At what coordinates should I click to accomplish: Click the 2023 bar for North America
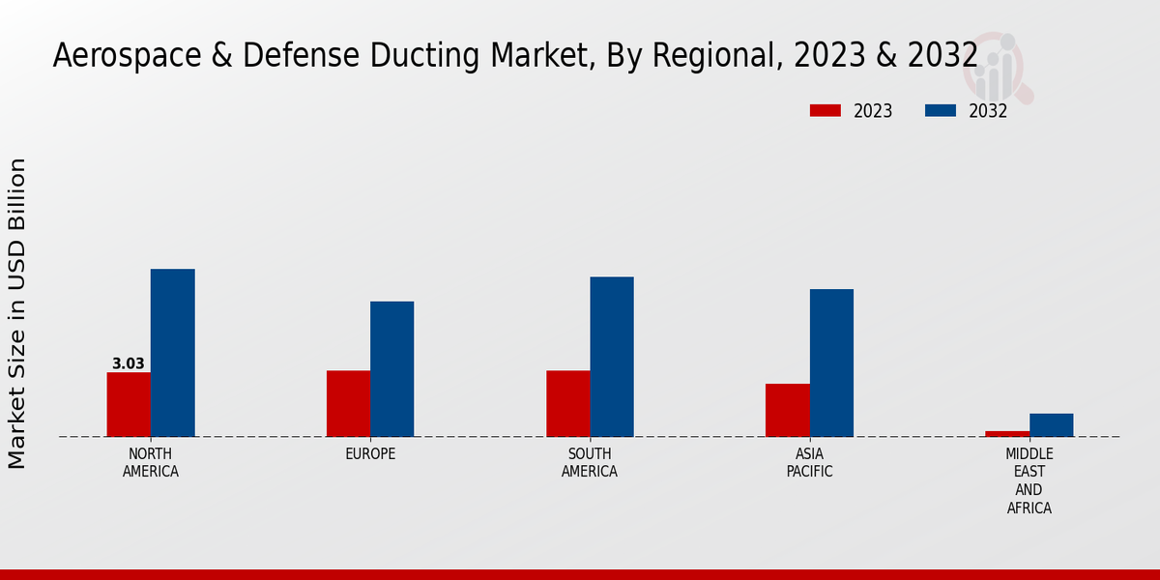click(x=129, y=404)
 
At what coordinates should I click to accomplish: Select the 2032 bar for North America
click(x=172, y=353)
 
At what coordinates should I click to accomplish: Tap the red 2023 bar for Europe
click(x=348, y=403)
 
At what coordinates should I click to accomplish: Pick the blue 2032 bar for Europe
click(x=391, y=369)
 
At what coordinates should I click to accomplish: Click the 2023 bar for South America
click(x=567, y=403)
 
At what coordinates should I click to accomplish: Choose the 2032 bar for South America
click(x=612, y=357)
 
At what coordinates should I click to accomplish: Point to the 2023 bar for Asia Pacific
click(x=787, y=410)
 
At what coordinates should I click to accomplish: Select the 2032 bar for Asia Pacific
click(x=831, y=362)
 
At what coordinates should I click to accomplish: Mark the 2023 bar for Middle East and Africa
click(x=1007, y=433)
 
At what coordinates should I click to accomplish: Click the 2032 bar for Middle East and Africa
click(x=1051, y=424)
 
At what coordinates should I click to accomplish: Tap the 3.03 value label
click(x=129, y=364)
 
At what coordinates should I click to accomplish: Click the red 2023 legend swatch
click(x=825, y=111)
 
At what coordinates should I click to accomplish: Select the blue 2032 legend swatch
click(x=940, y=111)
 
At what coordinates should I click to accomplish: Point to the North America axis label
click(x=151, y=463)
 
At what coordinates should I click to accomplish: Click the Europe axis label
click(x=370, y=454)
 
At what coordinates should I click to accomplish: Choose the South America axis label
click(x=590, y=463)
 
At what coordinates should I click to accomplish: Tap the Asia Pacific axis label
click(x=809, y=463)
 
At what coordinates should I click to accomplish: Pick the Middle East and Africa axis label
click(x=1029, y=480)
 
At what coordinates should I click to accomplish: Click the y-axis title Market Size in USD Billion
click(x=17, y=313)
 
